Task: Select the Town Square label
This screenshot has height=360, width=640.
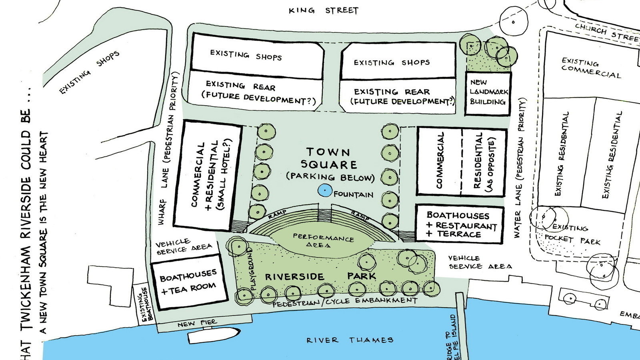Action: point(329,158)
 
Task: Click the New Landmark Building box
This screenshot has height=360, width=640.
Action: point(488,93)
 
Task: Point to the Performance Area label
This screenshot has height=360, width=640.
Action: point(323,240)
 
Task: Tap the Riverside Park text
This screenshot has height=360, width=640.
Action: point(320,276)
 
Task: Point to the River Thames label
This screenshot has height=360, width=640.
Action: point(350,340)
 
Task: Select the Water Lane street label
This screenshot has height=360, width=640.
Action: point(519,168)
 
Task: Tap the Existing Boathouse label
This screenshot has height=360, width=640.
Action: point(145,304)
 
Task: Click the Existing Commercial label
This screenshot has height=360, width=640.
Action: point(590,68)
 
